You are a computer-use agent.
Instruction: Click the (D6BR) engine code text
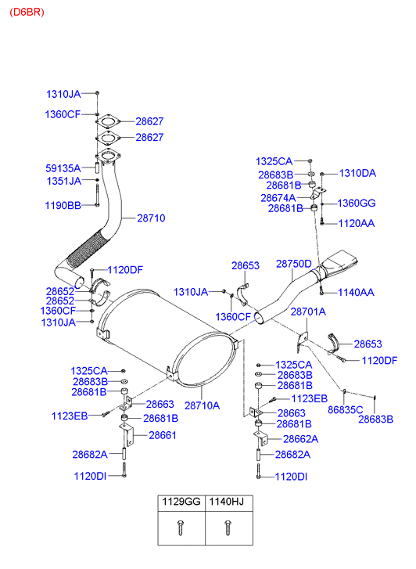point(27,13)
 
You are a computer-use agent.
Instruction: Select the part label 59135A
point(63,168)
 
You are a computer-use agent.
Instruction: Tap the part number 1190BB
point(63,206)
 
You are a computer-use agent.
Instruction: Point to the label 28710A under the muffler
point(202,405)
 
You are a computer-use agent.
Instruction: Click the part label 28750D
point(294,264)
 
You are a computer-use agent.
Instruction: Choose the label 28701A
point(308,312)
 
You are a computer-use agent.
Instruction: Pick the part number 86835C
point(346,410)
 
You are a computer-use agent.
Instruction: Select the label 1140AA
point(356,293)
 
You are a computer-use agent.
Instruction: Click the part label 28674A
point(278,198)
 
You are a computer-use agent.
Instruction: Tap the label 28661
point(163,435)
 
